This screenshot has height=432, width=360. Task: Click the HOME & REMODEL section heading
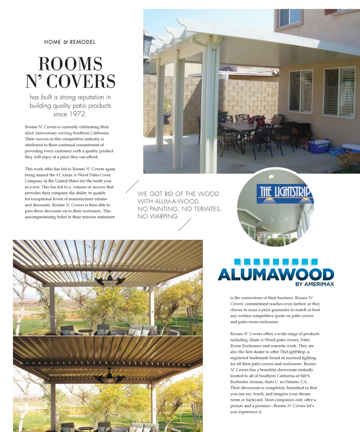[70, 42]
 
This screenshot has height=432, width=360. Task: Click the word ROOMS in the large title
[70, 64]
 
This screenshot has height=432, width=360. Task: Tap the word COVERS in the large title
[81, 82]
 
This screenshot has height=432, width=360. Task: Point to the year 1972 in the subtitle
[78, 114]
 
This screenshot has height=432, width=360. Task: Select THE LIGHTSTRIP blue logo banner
[284, 193]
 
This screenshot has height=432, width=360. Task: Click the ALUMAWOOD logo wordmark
[276, 274]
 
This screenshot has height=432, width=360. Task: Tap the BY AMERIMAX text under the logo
[314, 284]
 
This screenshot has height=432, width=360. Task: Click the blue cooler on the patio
[319, 146]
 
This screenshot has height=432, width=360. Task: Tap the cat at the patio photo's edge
[348, 160]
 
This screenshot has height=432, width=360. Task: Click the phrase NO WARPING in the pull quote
[157, 217]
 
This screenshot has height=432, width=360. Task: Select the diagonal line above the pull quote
[132, 186]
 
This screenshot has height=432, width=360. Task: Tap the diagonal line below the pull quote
[185, 225]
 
